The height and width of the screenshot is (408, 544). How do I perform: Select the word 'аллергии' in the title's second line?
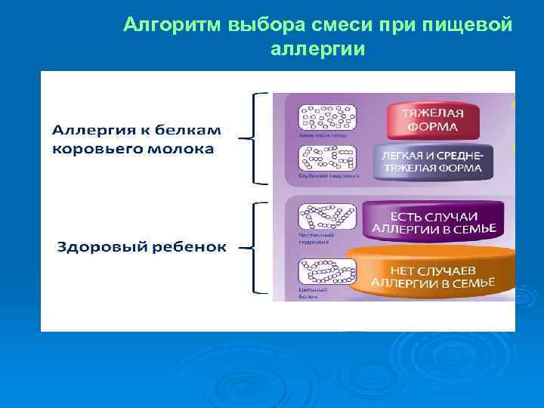point(317,50)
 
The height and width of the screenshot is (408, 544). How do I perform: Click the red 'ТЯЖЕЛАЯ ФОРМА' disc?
point(433,119)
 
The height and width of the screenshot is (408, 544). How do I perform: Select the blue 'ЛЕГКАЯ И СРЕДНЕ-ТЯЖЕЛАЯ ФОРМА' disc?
point(433,160)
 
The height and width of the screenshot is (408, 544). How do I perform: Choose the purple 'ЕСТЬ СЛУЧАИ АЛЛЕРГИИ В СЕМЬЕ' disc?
point(433,219)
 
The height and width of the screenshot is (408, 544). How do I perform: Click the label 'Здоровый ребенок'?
point(142,247)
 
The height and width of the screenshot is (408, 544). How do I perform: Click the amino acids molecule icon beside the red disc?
point(325,117)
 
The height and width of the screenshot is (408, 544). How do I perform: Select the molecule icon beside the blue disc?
point(326,159)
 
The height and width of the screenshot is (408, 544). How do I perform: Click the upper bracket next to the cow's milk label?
point(257,138)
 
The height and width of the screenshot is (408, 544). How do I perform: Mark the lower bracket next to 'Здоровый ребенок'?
point(257,247)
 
